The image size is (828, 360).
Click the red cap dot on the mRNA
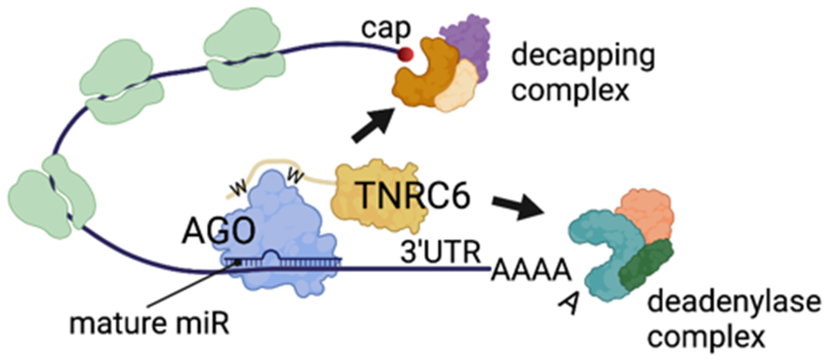406,54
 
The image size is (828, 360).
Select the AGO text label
218,232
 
